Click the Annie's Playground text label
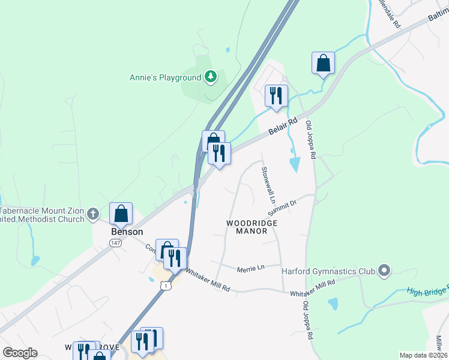point(166,77)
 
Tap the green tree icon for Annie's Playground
point(210,76)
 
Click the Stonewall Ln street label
point(268,184)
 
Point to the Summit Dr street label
point(283,208)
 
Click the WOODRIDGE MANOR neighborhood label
point(252,227)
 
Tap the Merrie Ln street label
point(250,269)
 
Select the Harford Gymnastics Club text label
point(328,271)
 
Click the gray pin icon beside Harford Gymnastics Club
point(384,271)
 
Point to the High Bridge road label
point(427,291)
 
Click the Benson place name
point(127,232)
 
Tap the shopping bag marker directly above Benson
point(121,213)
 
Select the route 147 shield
point(115,242)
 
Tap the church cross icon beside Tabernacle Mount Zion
point(92,214)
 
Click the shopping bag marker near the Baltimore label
point(323,62)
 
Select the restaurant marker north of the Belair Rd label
point(276,95)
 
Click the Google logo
point(20,353)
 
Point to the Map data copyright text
point(423,355)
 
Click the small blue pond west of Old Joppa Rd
point(295,163)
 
